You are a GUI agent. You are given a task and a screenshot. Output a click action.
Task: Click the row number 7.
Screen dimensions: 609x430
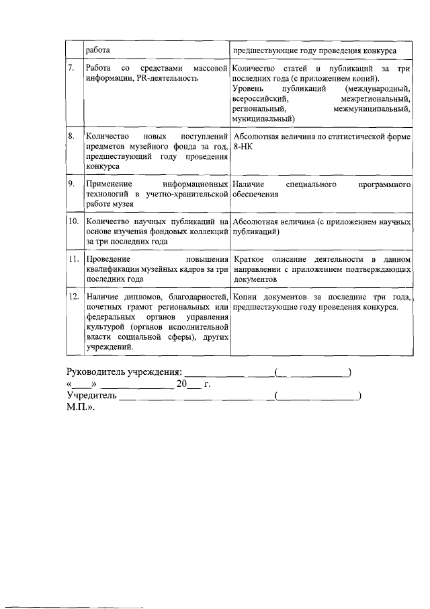click(x=71, y=69)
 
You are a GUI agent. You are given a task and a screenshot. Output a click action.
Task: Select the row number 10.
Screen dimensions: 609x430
click(x=73, y=221)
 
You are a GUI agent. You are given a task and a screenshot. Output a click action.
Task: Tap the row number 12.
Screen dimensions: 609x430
click(x=74, y=297)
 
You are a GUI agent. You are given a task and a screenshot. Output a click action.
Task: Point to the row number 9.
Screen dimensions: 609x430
click(x=71, y=183)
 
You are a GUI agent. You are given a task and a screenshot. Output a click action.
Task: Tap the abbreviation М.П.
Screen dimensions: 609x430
click(x=80, y=408)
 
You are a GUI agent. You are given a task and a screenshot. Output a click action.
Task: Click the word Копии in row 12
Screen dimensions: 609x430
click(x=246, y=297)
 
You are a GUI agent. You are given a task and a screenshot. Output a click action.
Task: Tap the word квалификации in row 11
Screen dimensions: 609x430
click(x=112, y=269)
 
